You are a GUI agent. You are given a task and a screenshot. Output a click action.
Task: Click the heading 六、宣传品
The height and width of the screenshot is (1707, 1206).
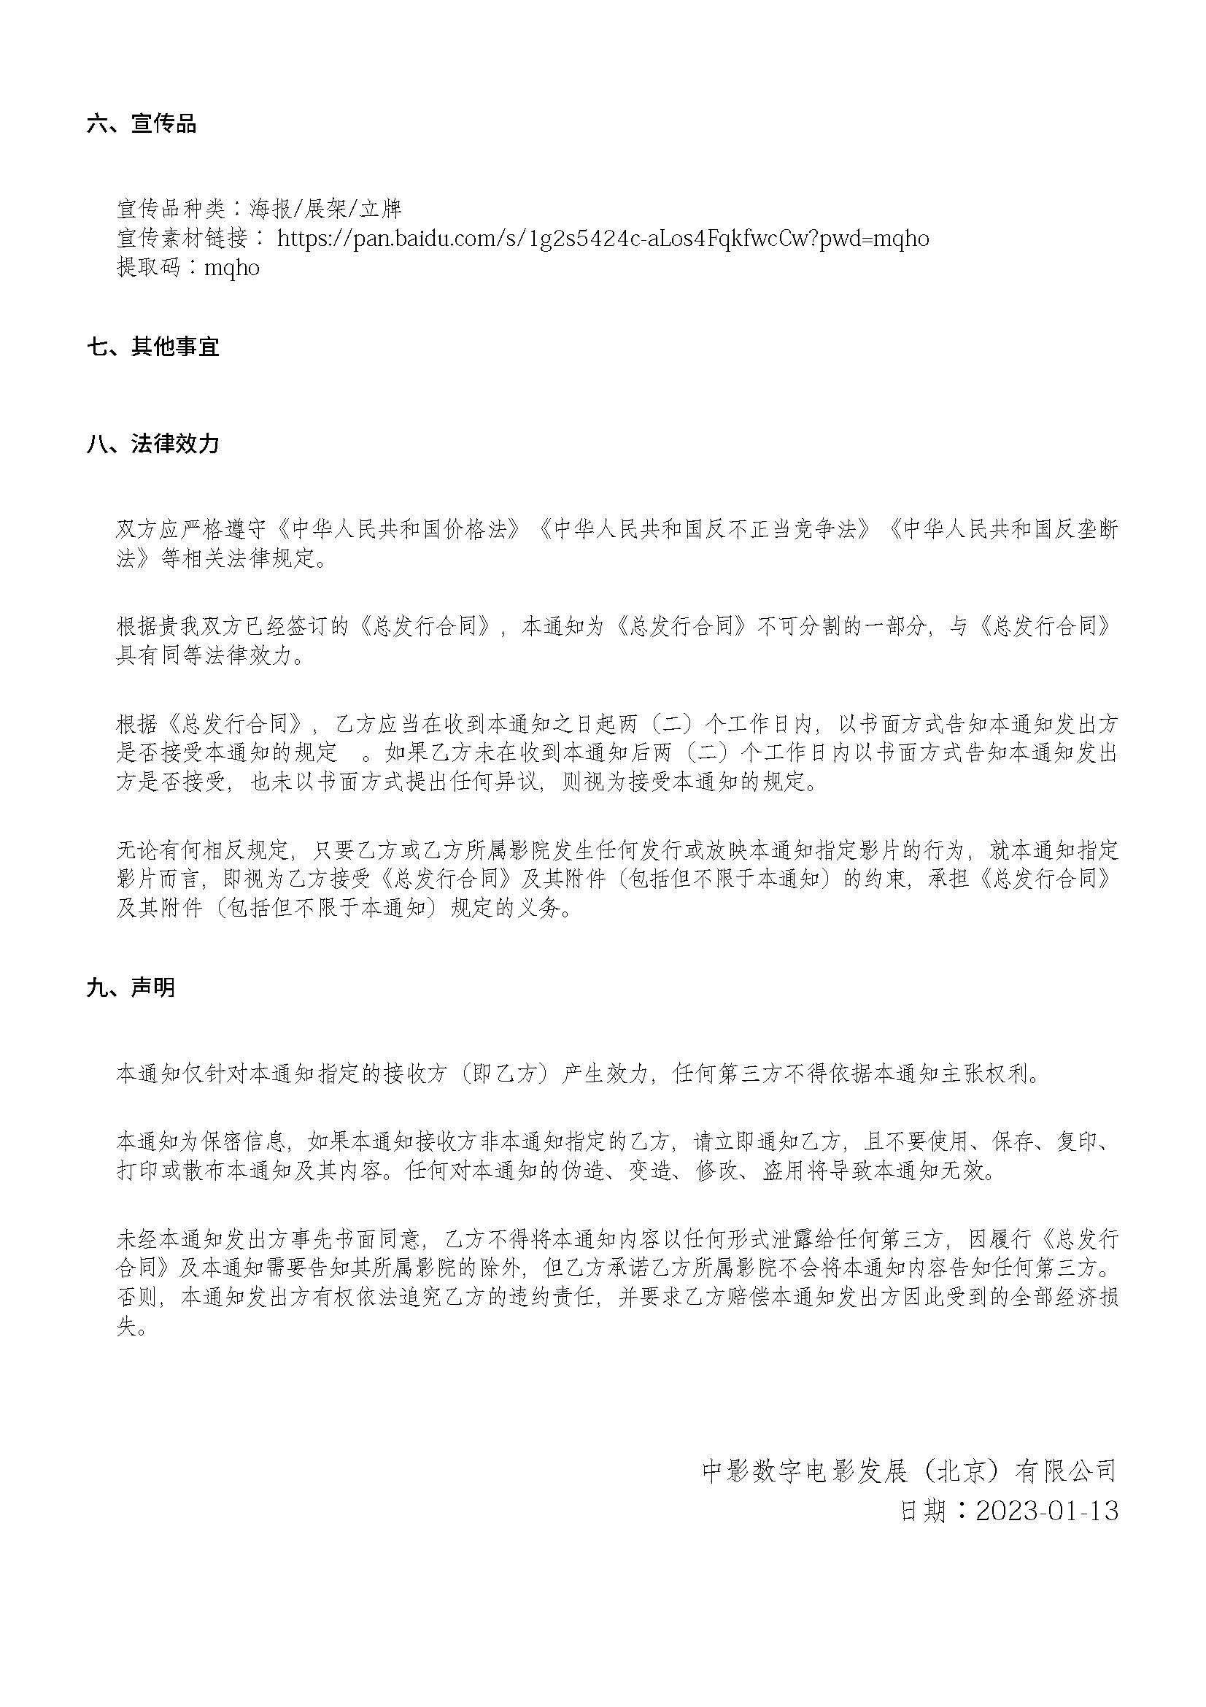coord(142,123)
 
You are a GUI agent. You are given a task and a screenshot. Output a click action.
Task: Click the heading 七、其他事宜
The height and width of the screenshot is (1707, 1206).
coord(152,347)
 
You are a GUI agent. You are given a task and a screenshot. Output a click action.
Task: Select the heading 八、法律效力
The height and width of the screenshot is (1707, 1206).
coord(152,444)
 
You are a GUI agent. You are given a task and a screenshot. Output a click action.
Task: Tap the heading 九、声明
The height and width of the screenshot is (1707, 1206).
coord(131,987)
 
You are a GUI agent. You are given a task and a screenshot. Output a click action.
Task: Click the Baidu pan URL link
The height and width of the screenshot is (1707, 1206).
coord(603,239)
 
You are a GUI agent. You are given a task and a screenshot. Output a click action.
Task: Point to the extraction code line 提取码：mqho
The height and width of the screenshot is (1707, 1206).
coord(188,268)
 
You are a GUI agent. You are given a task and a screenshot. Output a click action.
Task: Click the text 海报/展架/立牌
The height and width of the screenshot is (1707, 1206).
coord(325,209)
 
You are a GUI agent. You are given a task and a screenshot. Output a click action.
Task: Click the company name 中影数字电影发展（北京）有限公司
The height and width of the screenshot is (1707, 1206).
coord(910,1471)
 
